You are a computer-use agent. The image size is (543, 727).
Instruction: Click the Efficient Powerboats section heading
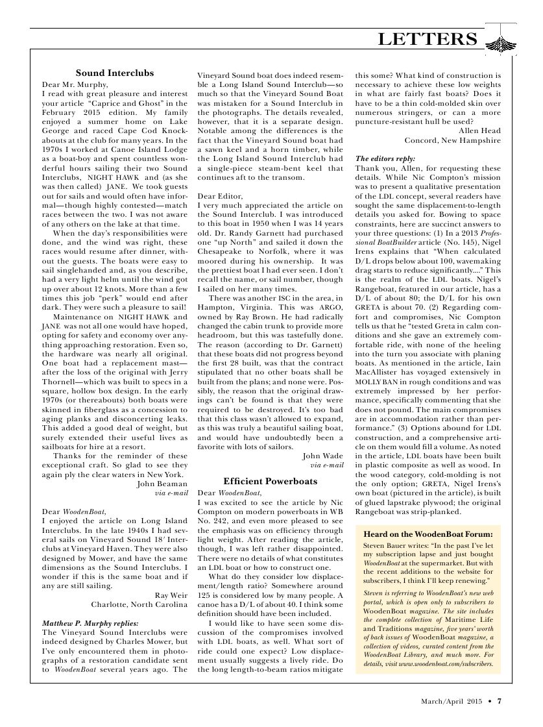pos(270,481)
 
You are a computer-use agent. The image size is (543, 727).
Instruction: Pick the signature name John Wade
pos(322,456)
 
